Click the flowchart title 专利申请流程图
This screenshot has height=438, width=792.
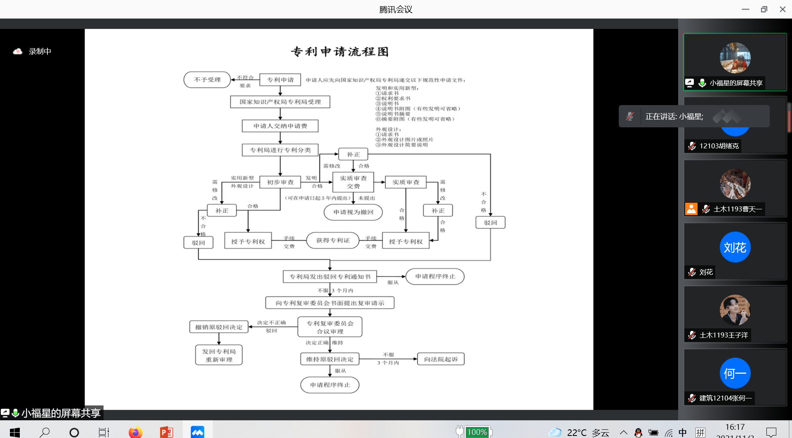pyautogui.click(x=339, y=52)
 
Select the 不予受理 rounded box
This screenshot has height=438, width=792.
pyautogui.click(x=207, y=80)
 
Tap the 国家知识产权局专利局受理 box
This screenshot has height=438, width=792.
pyautogui.click(x=280, y=102)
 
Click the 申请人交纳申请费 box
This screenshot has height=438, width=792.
pyautogui.click(x=280, y=126)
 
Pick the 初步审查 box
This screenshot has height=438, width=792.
pyautogui.click(x=280, y=182)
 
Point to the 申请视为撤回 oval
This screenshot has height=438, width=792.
pyautogui.click(x=353, y=212)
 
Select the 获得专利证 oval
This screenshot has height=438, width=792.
pyautogui.click(x=332, y=240)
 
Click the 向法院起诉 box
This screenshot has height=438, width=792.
pyautogui.click(x=441, y=359)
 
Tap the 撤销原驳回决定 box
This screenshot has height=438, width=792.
pyautogui.click(x=219, y=327)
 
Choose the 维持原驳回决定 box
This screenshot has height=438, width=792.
pyautogui.click(x=330, y=359)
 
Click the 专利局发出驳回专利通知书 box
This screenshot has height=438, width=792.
pyautogui.click(x=330, y=276)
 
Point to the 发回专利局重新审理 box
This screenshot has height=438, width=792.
pyautogui.click(x=219, y=355)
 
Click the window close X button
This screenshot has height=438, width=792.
pyautogui.click(x=783, y=9)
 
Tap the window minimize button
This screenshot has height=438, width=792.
pyautogui.click(x=745, y=9)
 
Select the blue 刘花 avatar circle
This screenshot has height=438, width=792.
pyautogui.click(x=735, y=247)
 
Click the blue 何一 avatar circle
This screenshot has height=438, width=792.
pyautogui.click(x=735, y=373)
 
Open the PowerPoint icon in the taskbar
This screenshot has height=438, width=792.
pyautogui.click(x=167, y=432)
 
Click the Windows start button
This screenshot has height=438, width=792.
pyautogui.click(x=15, y=432)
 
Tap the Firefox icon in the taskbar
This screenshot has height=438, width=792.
pyautogui.click(x=135, y=432)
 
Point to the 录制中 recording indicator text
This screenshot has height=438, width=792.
pyautogui.click(x=40, y=52)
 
